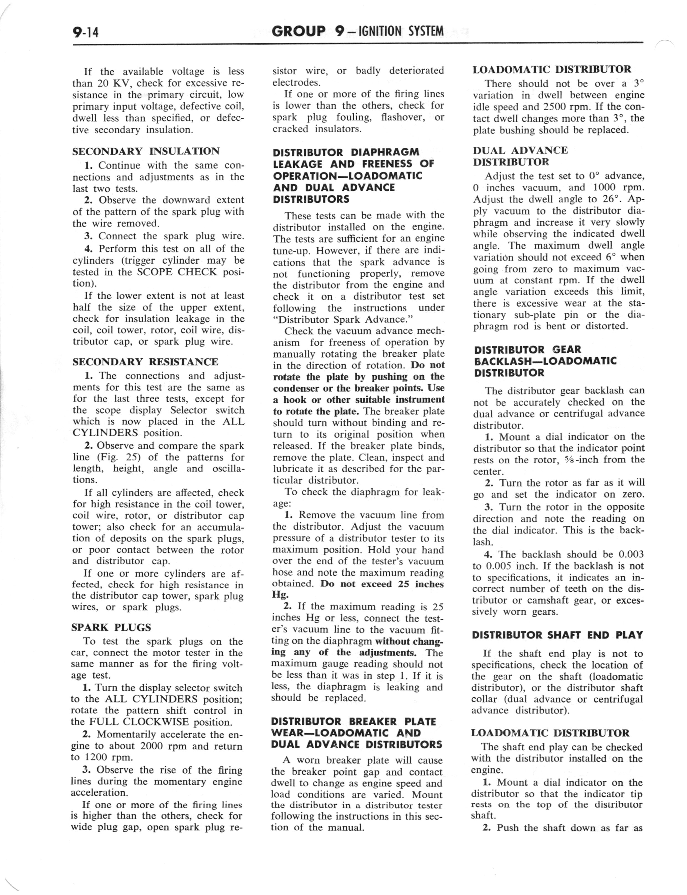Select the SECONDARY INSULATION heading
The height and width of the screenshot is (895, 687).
click(x=146, y=151)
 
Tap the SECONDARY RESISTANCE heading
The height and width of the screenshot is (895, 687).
click(x=145, y=362)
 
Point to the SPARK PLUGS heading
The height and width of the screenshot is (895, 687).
click(x=111, y=628)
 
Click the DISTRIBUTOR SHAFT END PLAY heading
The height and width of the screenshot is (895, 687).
click(x=557, y=635)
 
